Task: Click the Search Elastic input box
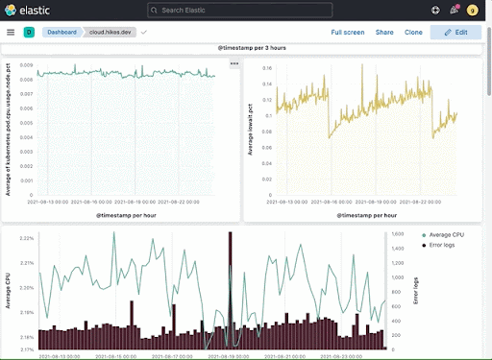pyautogui.click(x=245, y=10)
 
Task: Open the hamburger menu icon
pyautogui.click(x=11, y=32)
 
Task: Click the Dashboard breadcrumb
pyautogui.click(x=62, y=32)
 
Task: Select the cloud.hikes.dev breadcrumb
pyautogui.click(x=111, y=32)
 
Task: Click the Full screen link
pyautogui.click(x=347, y=32)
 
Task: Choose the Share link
pyautogui.click(x=384, y=32)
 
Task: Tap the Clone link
pyautogui.click(x=413, y=32)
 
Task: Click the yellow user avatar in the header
pyautogui.click(x=472, y=10)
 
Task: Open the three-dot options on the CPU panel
pyautogui.click(x=234, y=63)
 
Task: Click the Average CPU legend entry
pyautogui.click(x=446, y=234)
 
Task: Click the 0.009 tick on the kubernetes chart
pyautogui.click(x=27, y=65)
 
